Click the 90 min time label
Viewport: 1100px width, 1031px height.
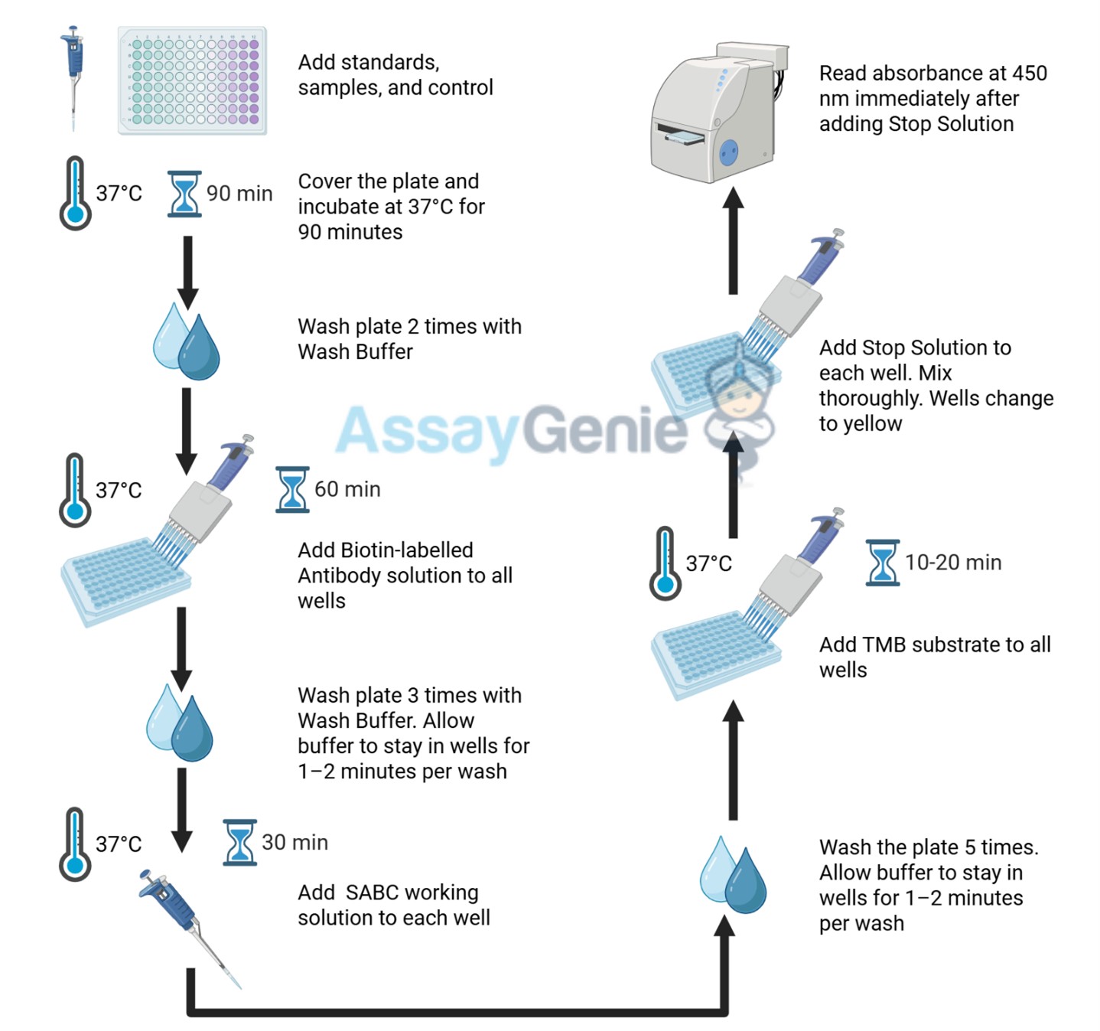coord(239,194)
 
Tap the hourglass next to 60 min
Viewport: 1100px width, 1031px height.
coord(292,489)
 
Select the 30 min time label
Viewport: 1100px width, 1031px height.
coord(295,843)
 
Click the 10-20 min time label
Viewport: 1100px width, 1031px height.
coord(952,563)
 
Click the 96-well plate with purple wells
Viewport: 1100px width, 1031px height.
coord(192,81)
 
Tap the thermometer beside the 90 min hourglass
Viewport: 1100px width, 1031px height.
coord(75,194)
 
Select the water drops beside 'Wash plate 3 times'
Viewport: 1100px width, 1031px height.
coord(181,723)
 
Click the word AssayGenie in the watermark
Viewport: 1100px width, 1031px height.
coord(511,430)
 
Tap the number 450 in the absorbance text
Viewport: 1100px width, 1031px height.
coord(1029,73)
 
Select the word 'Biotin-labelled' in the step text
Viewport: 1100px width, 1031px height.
coord(407,550)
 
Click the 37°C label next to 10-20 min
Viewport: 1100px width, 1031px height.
coord(708,564)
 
